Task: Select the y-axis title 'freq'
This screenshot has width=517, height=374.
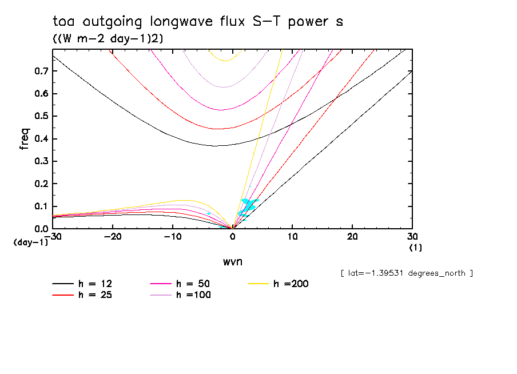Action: click(24, 139)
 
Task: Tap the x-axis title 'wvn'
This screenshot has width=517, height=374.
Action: click(232, 261)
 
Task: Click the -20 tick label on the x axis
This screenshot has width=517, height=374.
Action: click(113, 236)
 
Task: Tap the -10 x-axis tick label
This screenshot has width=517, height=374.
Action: click(172, 236)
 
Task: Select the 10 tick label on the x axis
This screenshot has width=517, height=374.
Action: click(292, 236)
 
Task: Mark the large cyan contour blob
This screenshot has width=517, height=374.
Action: click(249, 204)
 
